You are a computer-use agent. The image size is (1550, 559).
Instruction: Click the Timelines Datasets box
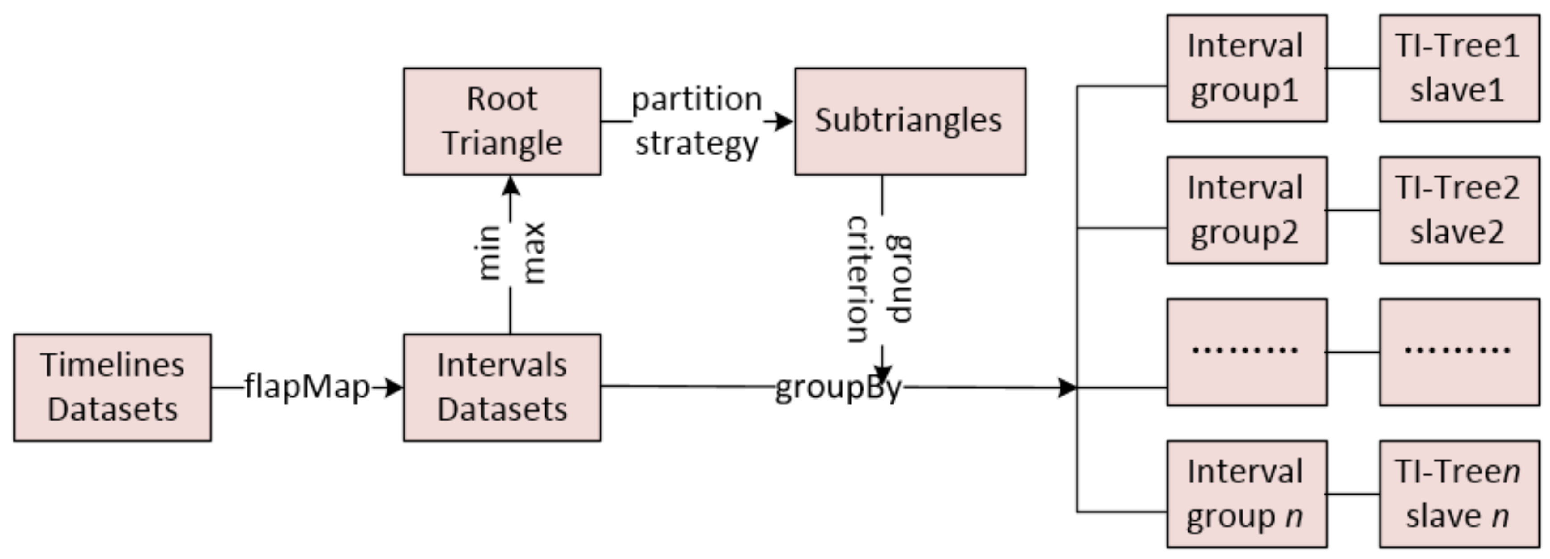(x=112, y=387)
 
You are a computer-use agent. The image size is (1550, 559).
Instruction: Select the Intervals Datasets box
(x=502, y=387)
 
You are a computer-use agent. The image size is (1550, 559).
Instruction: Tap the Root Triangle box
(x=502, y=121)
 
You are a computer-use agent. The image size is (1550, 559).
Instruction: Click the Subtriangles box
(x=910, y=121)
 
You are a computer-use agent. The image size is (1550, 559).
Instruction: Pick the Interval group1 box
(x=1246, y=68)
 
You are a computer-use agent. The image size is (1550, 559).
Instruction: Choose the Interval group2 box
(x=1246, y=210)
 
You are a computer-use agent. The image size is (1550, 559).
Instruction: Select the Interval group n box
(x=1246, y=494)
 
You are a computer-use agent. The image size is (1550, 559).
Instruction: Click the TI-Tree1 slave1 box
(x=1459, y=68)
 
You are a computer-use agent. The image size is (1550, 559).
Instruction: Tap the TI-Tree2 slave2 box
(x=1459, y=210)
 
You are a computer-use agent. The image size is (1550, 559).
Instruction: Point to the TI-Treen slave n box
(x=1459, y=494)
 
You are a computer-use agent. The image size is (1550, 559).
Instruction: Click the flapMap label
(x=307, y=387)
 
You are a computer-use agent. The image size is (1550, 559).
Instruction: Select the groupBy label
(x=838, y=388)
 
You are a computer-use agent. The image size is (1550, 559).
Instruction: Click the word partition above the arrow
(x=696, y=99)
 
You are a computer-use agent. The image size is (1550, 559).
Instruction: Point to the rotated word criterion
(x=859, y=279)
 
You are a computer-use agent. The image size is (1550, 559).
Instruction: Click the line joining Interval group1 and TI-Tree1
(x=1353, y=68)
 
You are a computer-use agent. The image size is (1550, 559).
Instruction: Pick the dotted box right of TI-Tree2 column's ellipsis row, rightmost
(x=1459, y=352)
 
